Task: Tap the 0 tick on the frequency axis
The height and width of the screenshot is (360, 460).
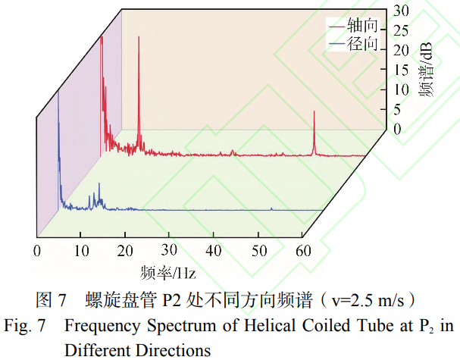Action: click(36, 251)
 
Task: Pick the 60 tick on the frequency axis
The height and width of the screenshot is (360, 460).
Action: click(303, 251)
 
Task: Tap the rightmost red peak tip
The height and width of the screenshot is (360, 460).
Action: click(314, 111)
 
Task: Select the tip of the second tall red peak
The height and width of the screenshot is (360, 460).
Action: click(138, 38)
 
